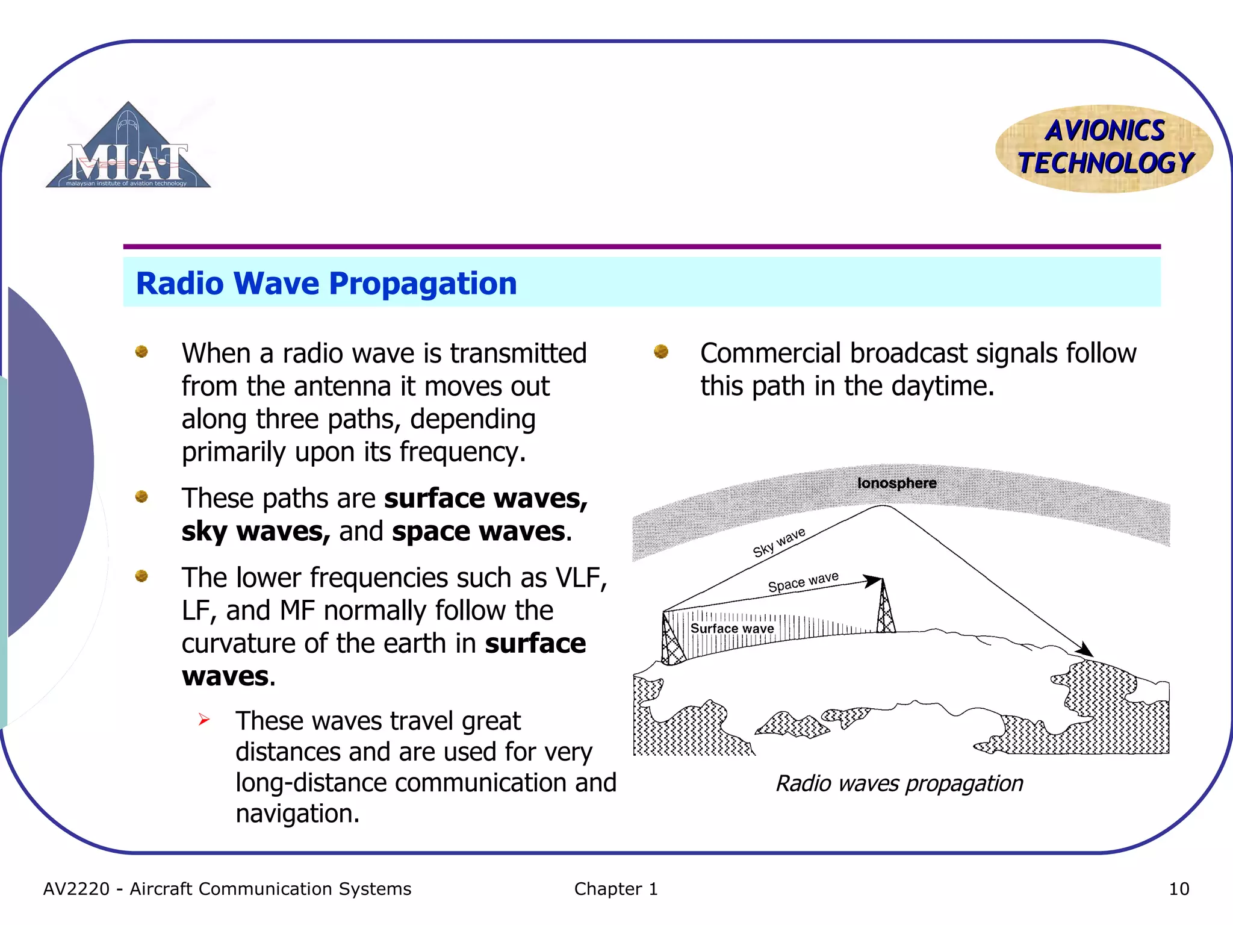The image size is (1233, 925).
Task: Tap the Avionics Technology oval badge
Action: (x=1104, y=148)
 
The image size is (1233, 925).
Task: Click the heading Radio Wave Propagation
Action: (x=326, y=283)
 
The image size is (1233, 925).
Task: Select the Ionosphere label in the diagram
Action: (x=896, y=483)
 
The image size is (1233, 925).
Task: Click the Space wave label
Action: (x=803, y=582)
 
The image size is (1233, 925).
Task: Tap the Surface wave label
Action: (x=731, y=629)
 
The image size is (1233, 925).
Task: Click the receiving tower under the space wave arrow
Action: (x=884, y=608)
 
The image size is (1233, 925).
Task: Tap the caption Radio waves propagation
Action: (x=899, y=783)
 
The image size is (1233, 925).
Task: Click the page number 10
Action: (x=1178, y=889)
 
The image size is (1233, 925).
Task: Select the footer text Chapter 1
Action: (x=616, y=889)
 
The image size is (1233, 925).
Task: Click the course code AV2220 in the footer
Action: (x=76, y=889)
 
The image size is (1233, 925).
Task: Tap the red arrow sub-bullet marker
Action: (x=204, y=719)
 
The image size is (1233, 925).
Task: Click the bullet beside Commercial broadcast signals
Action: (x=660, y=351)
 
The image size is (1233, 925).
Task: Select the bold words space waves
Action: (x=479, y=531)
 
